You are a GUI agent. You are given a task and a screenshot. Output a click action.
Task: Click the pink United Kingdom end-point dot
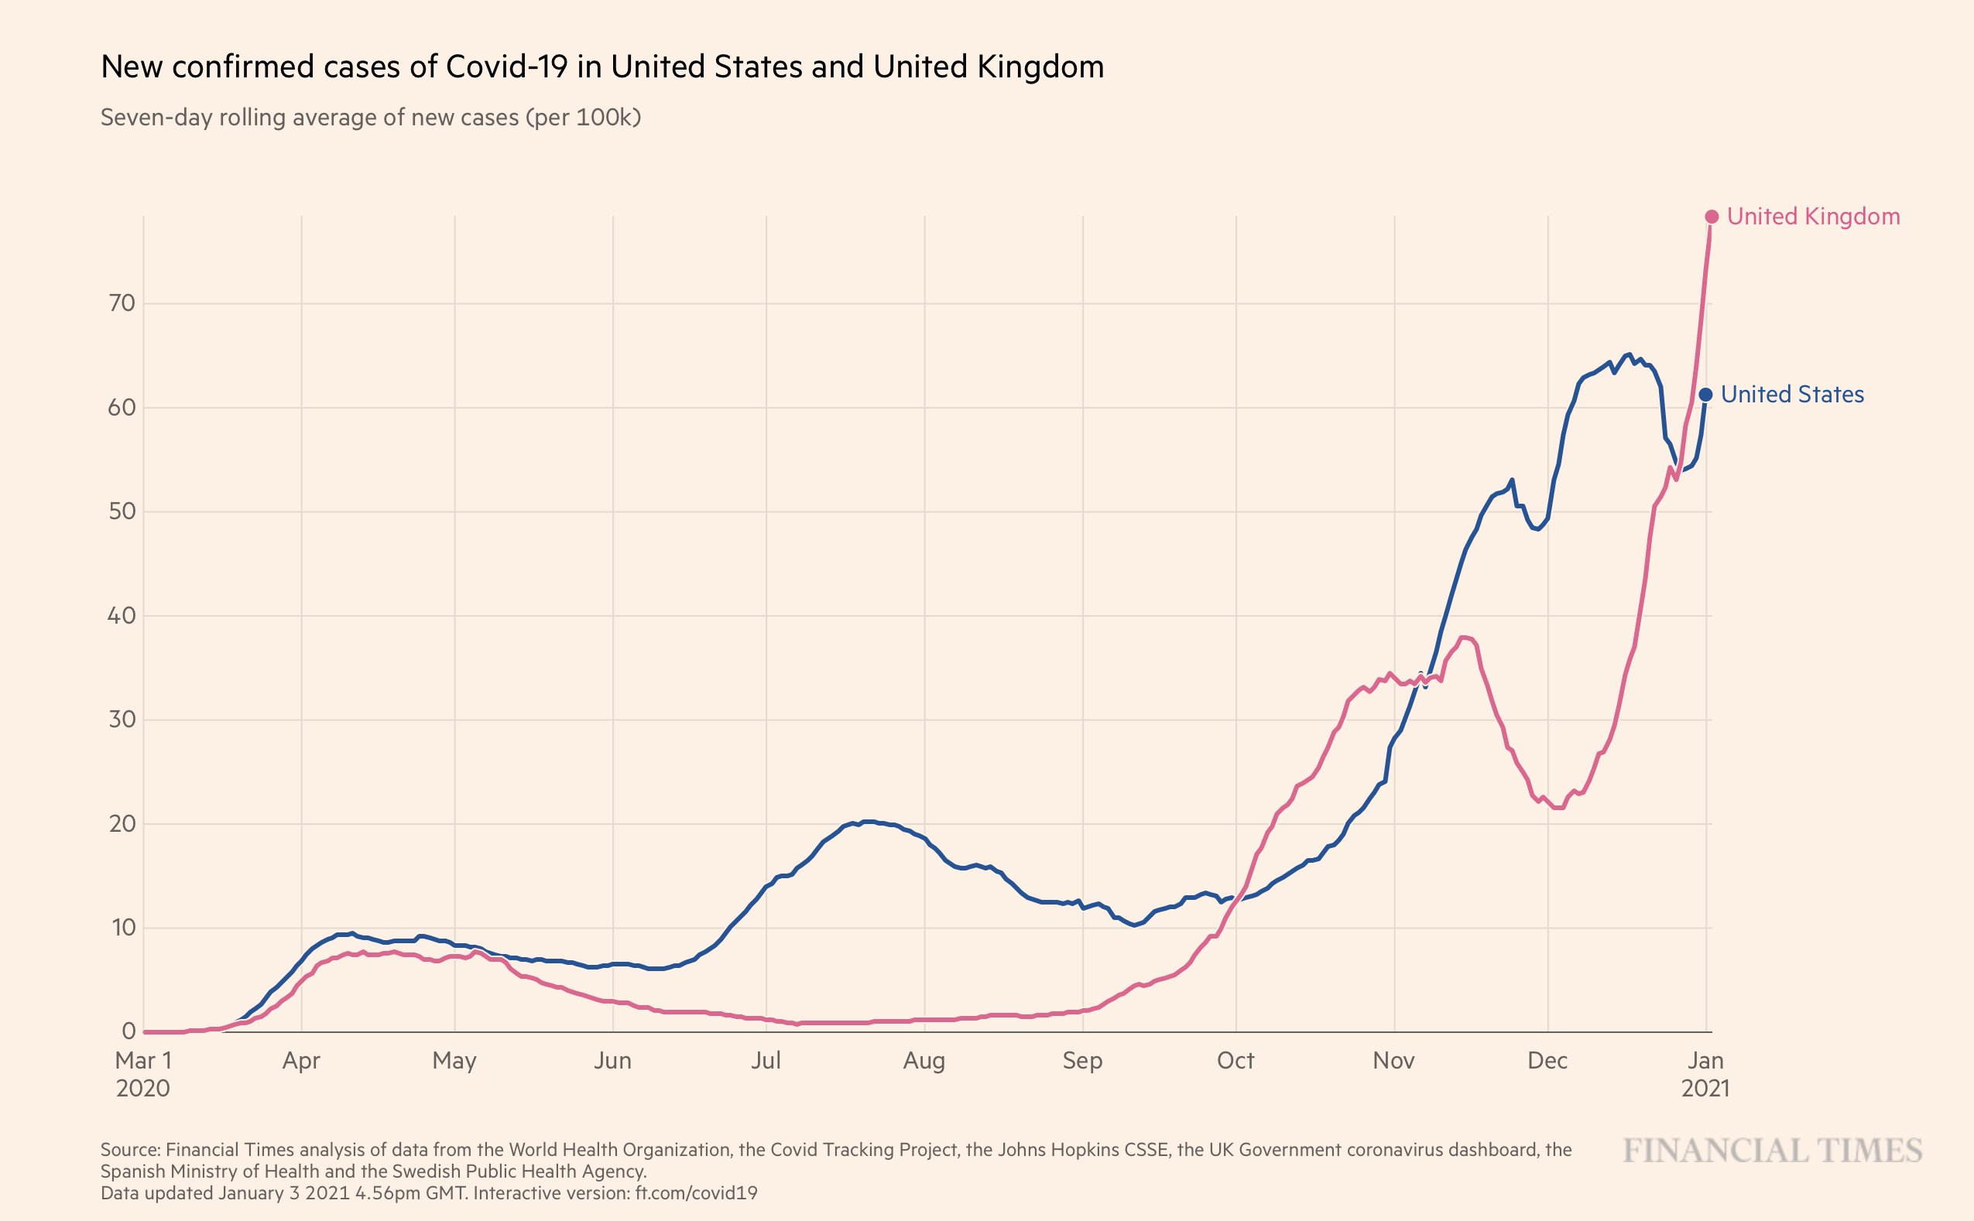[x=1711, y=217]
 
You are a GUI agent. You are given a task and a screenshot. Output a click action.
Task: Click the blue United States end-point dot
[x=1705, y=395]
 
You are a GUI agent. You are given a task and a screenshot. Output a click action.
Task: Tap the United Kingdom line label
[x=1813, y=217]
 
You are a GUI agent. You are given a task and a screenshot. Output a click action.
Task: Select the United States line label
[x=1792, y=394]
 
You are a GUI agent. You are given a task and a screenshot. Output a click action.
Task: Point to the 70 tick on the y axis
[x=122, y=303]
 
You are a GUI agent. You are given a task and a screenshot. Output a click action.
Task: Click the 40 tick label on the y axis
[x=122, y=616]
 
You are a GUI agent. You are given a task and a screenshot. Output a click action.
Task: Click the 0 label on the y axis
[x=129, y=1031]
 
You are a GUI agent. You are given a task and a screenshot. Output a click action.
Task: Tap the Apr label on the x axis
[x=301, y=1060]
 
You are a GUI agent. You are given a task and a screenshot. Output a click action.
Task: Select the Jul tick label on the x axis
[x=766, y=1060]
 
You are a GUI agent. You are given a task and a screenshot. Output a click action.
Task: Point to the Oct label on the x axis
[x=1235, y=1060]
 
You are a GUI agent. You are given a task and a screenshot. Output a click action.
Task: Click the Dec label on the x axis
[x=1547, y=1060]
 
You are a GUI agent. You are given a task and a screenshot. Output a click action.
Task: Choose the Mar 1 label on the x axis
[x=143, y=1060]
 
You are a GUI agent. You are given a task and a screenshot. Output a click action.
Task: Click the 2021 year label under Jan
[x=1705, y=1089]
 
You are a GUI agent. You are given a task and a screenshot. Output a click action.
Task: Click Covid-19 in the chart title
[x=506, y=67]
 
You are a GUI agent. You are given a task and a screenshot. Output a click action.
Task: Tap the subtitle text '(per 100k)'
[x=583, y=118]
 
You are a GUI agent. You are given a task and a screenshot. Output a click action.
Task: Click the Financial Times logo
[x=1772, y=1151]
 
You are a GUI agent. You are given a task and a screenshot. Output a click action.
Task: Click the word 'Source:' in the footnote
[x=130, y=1149]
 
